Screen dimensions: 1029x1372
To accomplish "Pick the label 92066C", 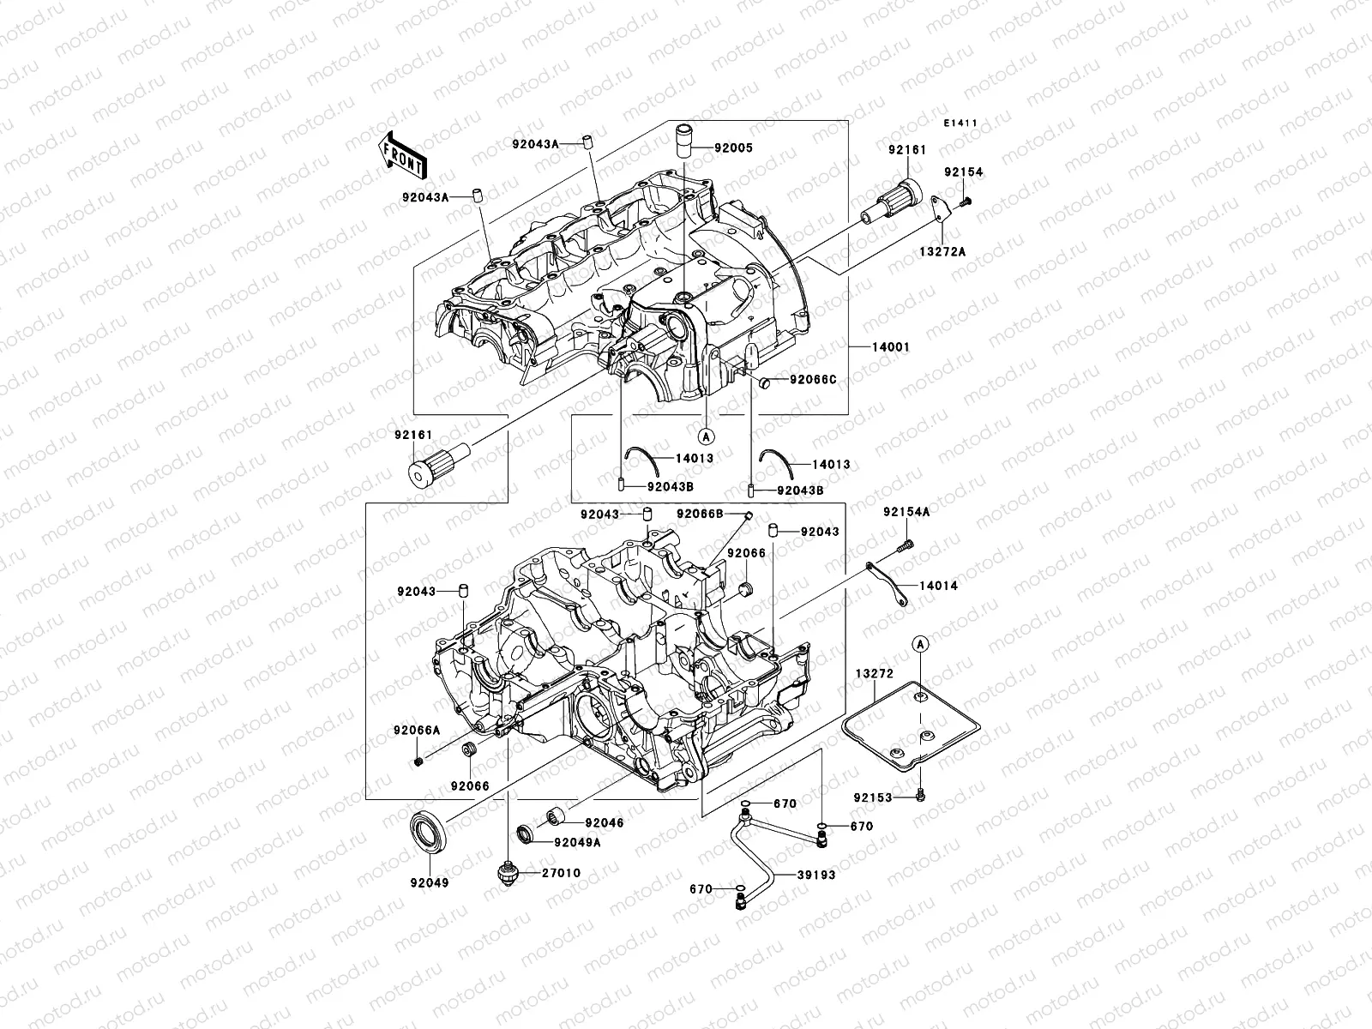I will (812, 379).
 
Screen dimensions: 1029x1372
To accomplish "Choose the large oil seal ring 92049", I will (428, 830).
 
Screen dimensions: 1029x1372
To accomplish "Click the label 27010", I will (561, 873).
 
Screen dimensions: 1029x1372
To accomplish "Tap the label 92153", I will (872, 797).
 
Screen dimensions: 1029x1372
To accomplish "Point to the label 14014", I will (938, 586).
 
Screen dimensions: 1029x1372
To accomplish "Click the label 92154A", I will (907, 513).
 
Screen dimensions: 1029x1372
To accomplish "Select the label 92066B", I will (700, 514).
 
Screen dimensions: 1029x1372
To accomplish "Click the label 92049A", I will (577, 842).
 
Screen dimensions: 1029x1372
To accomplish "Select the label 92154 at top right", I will (964, 172).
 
